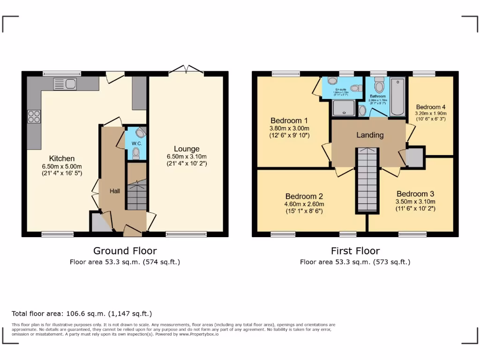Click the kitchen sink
[x=65, y=84]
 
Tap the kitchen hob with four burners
[x=34, y=116]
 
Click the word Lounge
[x=187, y=149]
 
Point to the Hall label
[x=115, y=191]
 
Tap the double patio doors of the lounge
[x=186, y=70]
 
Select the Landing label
[x=370, y=135]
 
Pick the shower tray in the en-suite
[x=344, y=109]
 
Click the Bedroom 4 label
[x=430, y=107]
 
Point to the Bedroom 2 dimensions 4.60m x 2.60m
[x=304, y=204]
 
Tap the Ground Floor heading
[x=125, y=251]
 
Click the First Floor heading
[x=355, y=251]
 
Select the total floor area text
[x=82, y=314]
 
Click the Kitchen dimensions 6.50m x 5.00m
[x=63, y=166]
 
